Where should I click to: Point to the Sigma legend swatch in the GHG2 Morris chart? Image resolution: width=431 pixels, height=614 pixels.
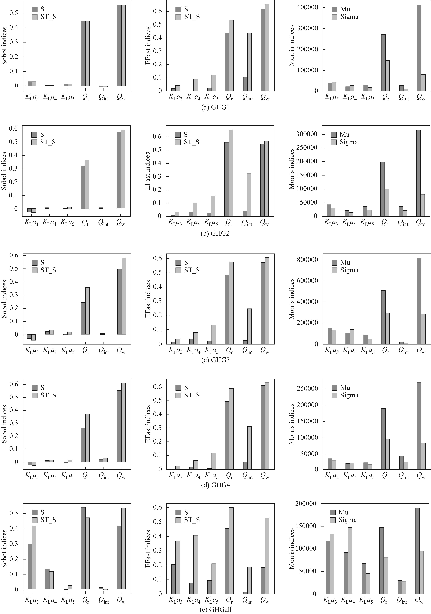coord(334,142)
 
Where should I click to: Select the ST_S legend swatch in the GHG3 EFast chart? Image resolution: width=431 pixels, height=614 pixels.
coord(178,270)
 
